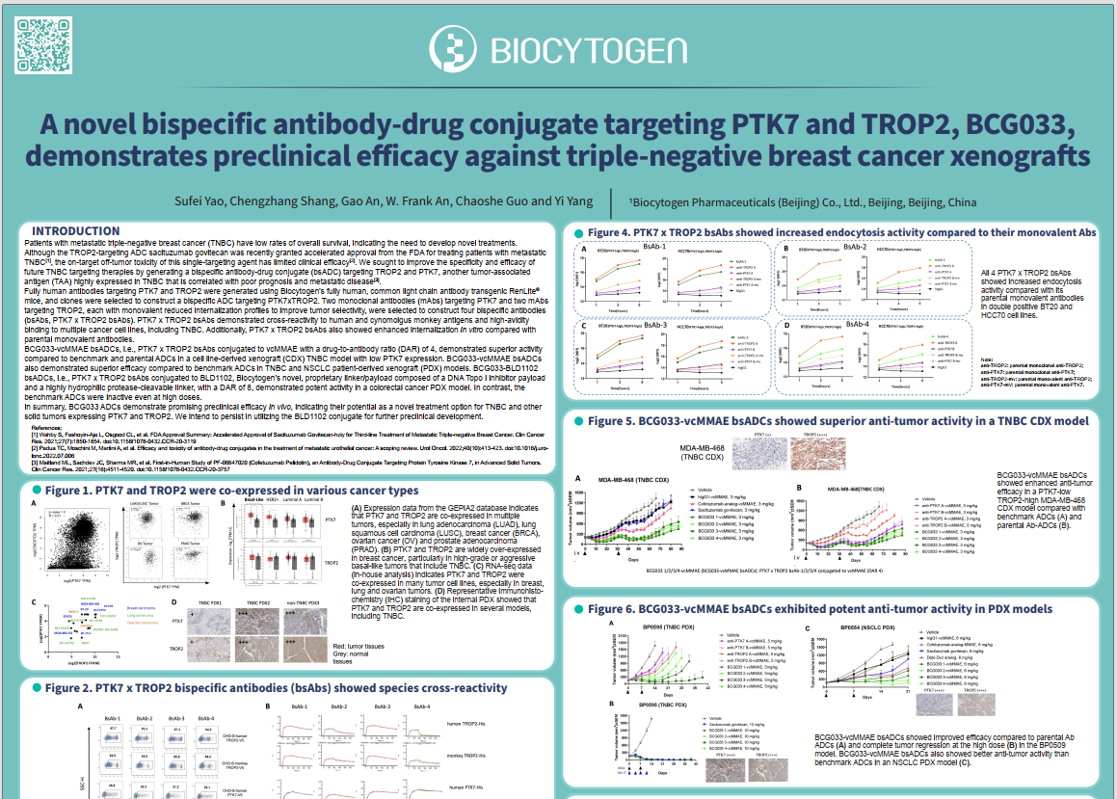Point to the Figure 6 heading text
coord(823,609)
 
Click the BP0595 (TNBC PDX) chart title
coord(658,626)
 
